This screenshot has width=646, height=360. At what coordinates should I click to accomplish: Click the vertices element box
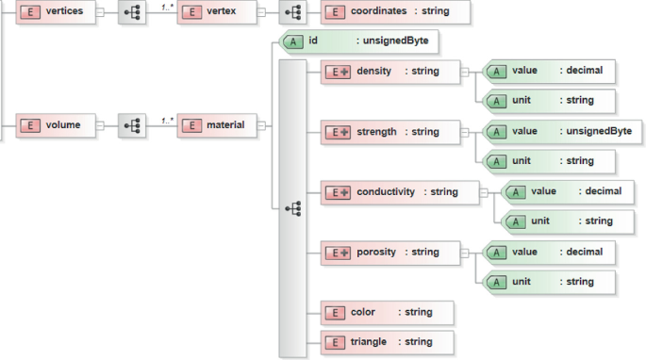[56, 12]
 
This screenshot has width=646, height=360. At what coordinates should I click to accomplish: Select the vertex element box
[216, 12]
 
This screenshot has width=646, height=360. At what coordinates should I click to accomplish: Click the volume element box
[56, 124]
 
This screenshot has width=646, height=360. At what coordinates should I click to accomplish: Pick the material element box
[217, 124]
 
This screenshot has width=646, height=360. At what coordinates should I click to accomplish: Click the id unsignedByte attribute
[359, 41]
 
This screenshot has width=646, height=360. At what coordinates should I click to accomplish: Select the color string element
[388, 312]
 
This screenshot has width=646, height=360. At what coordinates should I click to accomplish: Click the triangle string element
[388, 342]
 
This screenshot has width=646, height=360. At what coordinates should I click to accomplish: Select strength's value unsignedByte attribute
[562, 131]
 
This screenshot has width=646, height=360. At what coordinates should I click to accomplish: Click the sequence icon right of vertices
[132, 12]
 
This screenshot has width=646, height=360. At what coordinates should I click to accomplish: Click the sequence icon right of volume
[132, 124]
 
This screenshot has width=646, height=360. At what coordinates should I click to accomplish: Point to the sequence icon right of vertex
[293, 12]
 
